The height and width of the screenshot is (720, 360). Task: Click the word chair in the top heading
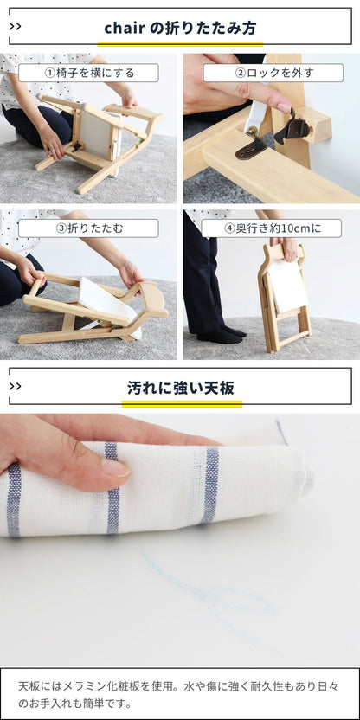[x=125, y=28]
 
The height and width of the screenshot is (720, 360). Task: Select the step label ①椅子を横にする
[x=88, y=74]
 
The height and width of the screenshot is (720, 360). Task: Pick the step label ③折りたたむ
[x=88, y=228]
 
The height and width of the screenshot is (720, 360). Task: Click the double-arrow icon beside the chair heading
[x=16, y=27]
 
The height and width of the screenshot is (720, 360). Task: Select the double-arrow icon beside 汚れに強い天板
[x=16, y=386]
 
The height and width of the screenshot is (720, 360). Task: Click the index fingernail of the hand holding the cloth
[x=115, y=468]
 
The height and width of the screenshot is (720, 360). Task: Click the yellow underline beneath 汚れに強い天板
[x=181, y=402]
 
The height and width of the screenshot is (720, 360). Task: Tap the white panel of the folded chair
[x=287, y=286]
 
